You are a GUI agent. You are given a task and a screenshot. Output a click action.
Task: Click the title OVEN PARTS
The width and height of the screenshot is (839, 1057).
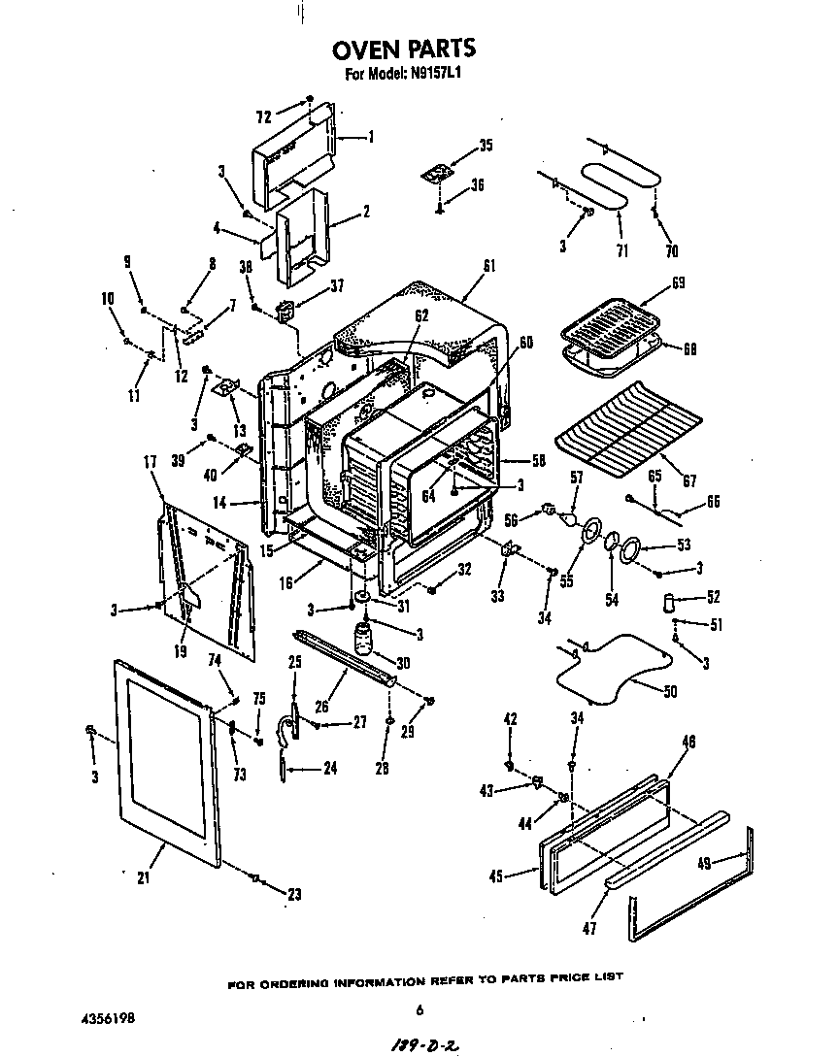point(404,49)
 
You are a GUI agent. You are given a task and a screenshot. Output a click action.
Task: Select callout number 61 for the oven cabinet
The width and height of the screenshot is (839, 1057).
point(489,266)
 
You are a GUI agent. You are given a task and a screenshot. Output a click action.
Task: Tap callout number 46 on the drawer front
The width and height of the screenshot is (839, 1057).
point(688,742)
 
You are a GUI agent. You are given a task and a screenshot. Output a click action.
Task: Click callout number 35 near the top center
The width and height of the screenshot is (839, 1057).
point(486,146)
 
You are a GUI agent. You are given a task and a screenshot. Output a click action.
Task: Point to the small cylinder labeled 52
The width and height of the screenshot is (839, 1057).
point(668,602)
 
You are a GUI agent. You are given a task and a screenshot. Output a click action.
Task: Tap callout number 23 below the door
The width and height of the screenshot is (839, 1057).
point(295,895)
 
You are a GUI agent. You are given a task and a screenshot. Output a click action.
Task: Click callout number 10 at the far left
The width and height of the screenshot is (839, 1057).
point(107,299)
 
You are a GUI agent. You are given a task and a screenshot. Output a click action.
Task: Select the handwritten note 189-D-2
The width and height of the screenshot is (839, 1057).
point(422,1043)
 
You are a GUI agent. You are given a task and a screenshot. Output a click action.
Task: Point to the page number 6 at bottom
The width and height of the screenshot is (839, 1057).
point(419,1010)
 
